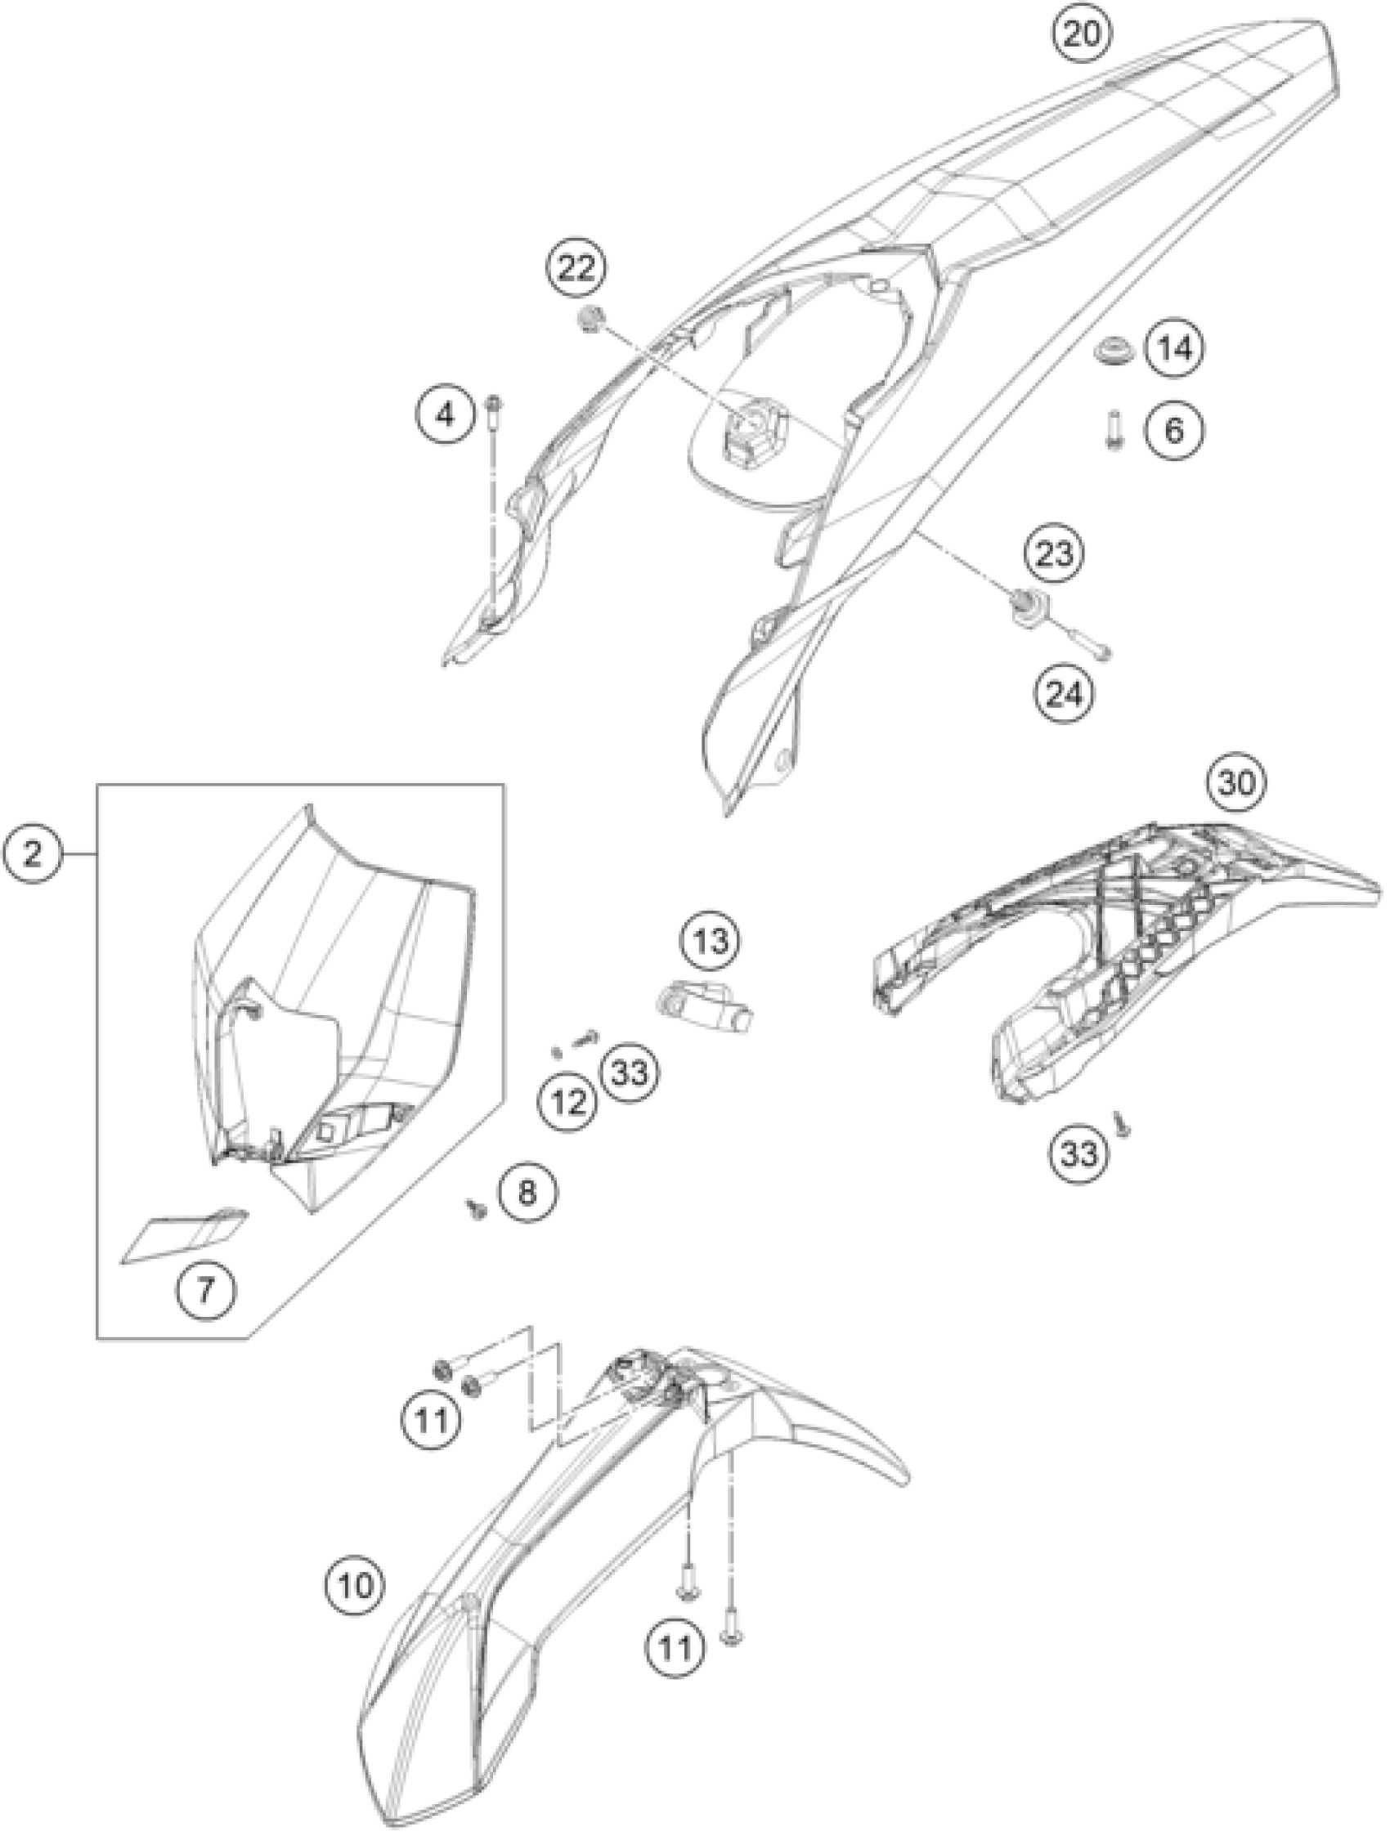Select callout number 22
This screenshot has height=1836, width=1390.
(x=576, y=268)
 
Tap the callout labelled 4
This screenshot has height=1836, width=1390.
(x=446, y=413)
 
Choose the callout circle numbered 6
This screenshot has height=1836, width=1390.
(x=1174, y=430)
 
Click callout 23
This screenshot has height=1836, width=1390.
(x=1054, y=553)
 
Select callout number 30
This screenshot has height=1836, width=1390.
(x=1235, y=782)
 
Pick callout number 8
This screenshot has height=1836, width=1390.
(x=527, y=1193)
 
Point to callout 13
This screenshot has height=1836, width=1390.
(x=711, y=941)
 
